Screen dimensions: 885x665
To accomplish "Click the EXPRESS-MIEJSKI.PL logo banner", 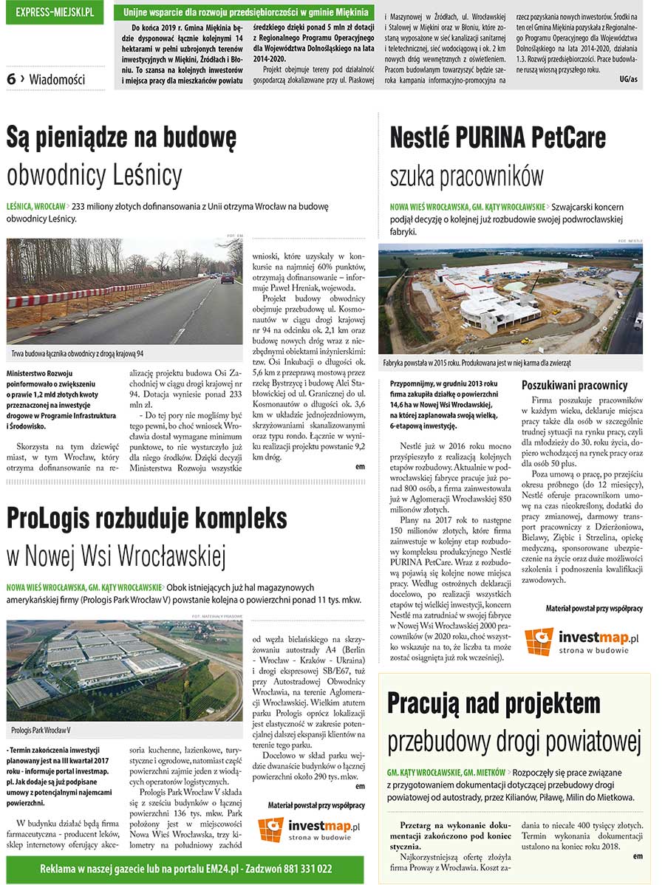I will (54, 12).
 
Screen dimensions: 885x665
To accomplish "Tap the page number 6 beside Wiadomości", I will (11, 79).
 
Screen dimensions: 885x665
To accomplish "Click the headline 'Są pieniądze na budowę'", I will (121, 138).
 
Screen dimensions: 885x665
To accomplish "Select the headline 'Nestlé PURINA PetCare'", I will (497, 138).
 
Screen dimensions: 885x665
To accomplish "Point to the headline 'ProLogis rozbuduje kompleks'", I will (146, 518).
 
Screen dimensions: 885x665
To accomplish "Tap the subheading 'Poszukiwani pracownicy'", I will (574, 385).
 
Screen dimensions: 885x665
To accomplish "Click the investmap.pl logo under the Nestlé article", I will (582, 640).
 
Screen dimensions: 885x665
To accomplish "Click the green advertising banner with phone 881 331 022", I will (185, 869).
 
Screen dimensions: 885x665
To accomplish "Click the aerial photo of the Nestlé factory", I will (510, 301).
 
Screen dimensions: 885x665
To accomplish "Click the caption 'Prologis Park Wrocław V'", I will (41, 730).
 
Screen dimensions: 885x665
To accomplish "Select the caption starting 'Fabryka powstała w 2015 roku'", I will (477, 363).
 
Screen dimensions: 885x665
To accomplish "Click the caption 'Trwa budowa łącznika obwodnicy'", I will (78, 354).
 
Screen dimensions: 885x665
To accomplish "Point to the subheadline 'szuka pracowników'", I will (466, 176).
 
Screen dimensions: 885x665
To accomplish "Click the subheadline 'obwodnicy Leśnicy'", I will (94, 175).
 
